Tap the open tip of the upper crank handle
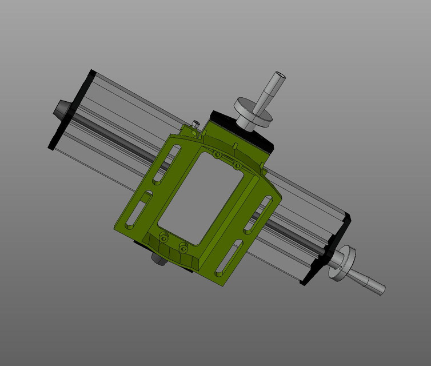tap(280, 75)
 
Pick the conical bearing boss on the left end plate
tap(61, 108)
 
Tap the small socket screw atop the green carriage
tap(196, 124)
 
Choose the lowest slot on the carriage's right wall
tap(229, 258)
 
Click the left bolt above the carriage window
tap(216, 154)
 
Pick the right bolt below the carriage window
tap(183, 248)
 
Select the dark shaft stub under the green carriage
tap(158, 258)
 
